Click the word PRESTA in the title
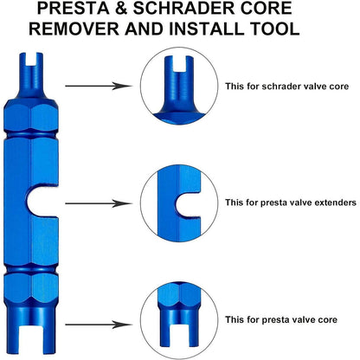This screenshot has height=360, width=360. point(74,9)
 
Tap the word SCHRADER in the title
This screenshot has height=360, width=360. point(183,9)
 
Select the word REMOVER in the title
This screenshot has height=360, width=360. point(74,29)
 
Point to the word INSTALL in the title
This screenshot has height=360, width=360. point(207,29)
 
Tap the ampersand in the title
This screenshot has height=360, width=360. point(121,9)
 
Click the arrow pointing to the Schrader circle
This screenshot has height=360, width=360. point(99,86)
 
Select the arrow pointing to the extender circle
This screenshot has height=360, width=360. point(99,203)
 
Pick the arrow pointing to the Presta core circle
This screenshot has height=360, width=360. point(99,325)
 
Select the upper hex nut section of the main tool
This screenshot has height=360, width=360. point(31,114)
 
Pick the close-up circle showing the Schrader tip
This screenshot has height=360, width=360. point(179,86)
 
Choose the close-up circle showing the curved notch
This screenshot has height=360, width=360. point(179,203)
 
